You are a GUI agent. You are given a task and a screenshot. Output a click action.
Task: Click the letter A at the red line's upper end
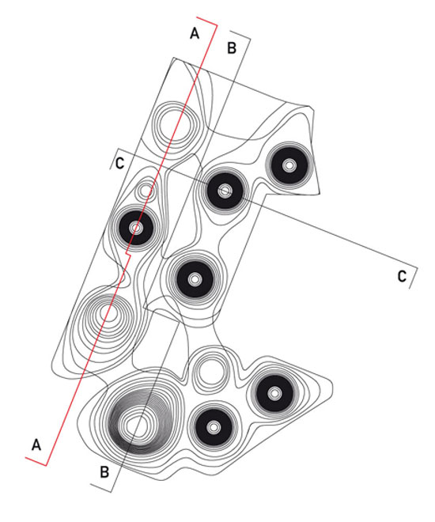pyautogui.click(x=195, y=33)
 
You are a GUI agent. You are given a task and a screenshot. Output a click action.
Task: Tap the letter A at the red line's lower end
pyautogui.click(x=36, y=444)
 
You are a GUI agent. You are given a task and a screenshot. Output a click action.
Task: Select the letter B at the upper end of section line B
pyautogui.click(x=232, y=47)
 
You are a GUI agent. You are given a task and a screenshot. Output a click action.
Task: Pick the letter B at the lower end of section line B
pyautogui.click(x=104, y=472)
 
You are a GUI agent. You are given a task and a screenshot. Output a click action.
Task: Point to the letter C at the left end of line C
pyautogui.click(x=119, y=163)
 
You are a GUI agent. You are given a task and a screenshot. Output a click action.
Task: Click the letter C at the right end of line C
pyautogui.click(x=402, y=276)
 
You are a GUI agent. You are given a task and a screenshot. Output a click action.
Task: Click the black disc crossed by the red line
pyautogui.click(x=136, y=228)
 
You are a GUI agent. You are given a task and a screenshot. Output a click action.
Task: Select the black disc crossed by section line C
pyautogui.click(x=225, y=191)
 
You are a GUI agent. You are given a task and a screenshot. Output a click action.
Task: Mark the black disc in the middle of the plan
pyautogui.click(x=195, y=279)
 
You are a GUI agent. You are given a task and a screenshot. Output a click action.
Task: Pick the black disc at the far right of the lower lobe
pyautogui.click(x=274, y=394)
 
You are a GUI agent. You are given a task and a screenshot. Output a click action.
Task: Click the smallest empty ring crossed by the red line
pyautogui.click(x=146, y=191)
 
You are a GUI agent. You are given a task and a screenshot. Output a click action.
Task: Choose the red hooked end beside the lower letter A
pyautogui.click(x=36, y=461)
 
